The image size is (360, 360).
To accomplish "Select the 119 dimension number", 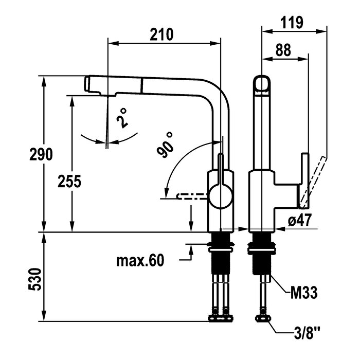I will click(292, 22).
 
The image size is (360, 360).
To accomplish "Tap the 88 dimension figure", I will click(282, 50).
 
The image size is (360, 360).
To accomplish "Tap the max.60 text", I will click(139, 261).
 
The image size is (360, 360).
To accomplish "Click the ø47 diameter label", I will click(299, 221).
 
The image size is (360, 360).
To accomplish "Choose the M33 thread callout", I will click(301, 293).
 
